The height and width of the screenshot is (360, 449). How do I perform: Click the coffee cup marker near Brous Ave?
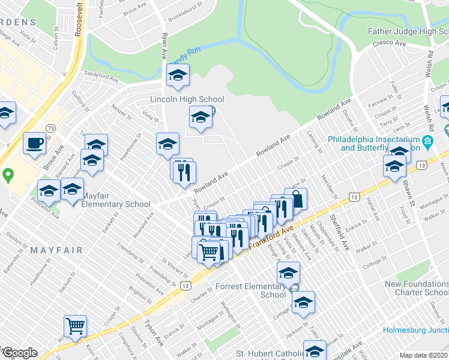pos(34,143)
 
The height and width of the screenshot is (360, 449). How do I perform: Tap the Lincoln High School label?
pos(187,100)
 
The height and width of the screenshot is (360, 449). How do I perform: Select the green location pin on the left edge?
pos(8,176)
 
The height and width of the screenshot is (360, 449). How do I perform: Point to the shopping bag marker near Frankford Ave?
pos(296,199)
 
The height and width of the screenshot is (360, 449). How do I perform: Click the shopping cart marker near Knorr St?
pos(76,326)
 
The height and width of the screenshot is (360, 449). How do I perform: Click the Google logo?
pos(19,353)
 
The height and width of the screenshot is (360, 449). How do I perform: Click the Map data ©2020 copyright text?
pos(423,355)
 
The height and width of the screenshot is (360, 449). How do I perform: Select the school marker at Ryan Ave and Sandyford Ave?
pos(178,75)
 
